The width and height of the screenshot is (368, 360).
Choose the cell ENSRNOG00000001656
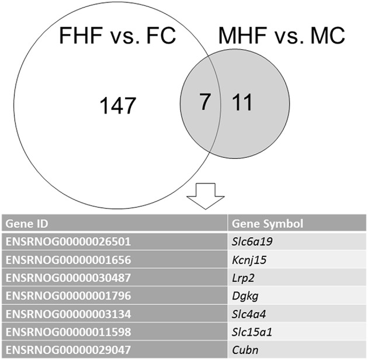(x=68, y=258)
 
